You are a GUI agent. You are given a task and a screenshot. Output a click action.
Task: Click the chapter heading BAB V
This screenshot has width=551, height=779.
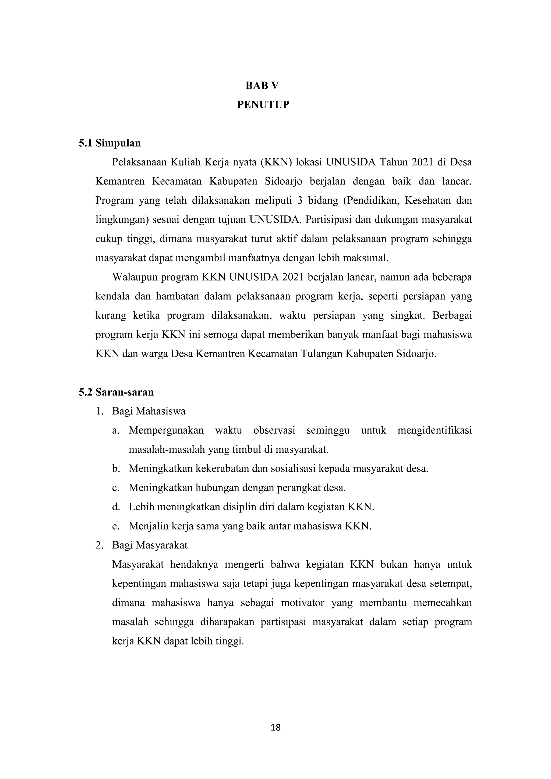tap(262, 86)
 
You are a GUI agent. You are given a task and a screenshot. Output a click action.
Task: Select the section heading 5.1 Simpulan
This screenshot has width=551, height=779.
tap(110, 143)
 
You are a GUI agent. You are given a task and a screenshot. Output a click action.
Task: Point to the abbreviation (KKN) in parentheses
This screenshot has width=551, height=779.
tap(276, 162)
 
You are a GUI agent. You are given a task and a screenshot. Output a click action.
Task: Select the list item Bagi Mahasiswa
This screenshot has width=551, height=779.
tap(149, 411)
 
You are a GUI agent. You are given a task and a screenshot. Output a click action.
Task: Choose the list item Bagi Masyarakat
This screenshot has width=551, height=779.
tap(150, 546)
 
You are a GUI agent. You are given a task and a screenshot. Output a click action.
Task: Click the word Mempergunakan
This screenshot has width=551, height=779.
tap(166, 431)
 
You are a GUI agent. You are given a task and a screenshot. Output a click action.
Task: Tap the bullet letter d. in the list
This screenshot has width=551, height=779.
tap(116, 507)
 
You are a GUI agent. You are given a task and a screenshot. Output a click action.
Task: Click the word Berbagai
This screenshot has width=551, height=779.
tap(452, 316)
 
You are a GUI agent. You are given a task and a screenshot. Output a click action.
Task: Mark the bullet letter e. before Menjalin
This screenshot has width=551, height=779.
tap(116, 526)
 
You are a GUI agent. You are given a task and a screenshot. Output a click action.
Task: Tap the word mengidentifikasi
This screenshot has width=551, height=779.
tap(435, 431)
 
